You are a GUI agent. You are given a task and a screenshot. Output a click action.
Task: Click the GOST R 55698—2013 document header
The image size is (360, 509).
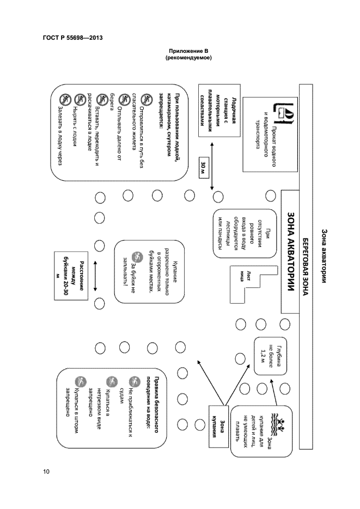pos(72,38)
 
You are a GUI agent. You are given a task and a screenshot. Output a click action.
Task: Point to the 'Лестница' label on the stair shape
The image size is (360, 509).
pos(242,275)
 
